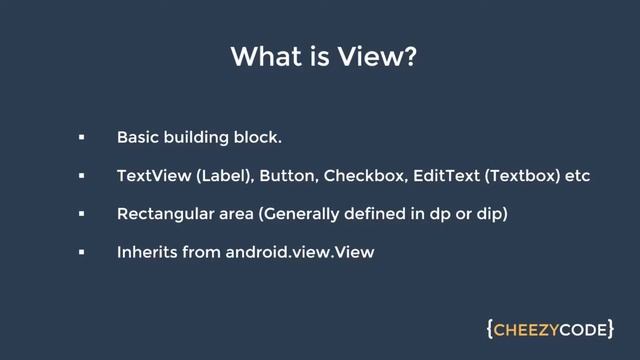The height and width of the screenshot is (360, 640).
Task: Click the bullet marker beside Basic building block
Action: coord(81,137)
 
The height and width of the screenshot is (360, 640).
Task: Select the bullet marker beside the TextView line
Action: coord(81,176)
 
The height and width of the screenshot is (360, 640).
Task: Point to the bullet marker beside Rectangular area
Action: coord(81,214)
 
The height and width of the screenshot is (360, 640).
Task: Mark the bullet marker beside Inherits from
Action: coord(81,253)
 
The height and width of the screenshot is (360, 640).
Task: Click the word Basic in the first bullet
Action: coord(137,137)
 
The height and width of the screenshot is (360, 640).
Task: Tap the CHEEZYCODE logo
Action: coord(550,329)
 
